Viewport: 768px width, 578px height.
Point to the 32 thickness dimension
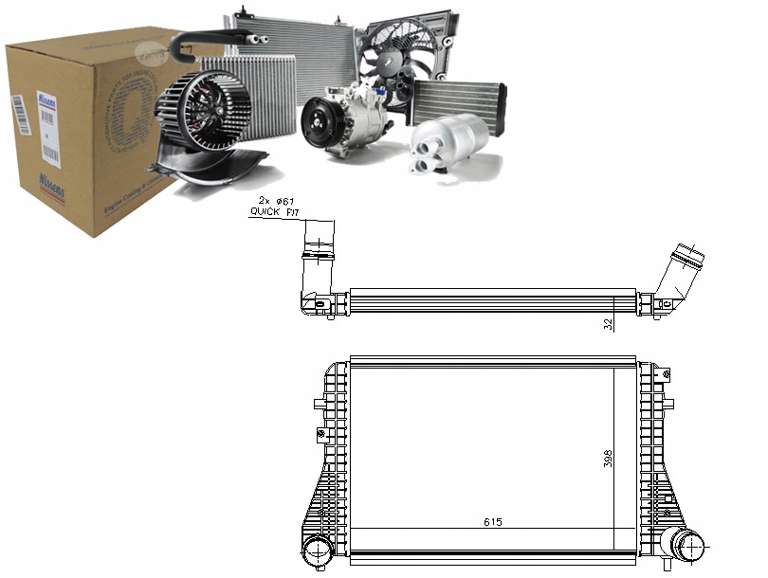pos(609,323)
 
